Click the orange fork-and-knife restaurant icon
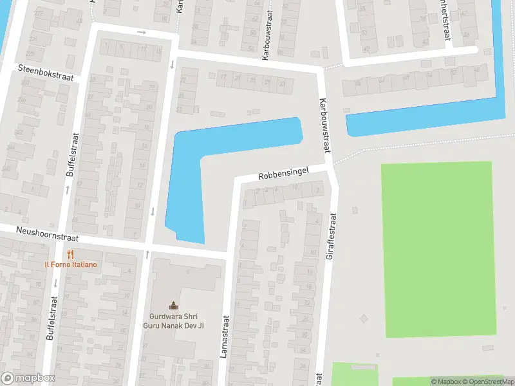click(71, 255)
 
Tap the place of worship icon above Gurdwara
click(173, 306)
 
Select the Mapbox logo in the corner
click(28, 378)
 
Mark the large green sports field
click(438, 248)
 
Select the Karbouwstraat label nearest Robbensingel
click(325, 125)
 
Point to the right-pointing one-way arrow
click(142, 32)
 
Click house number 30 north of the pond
click(281, 84)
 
